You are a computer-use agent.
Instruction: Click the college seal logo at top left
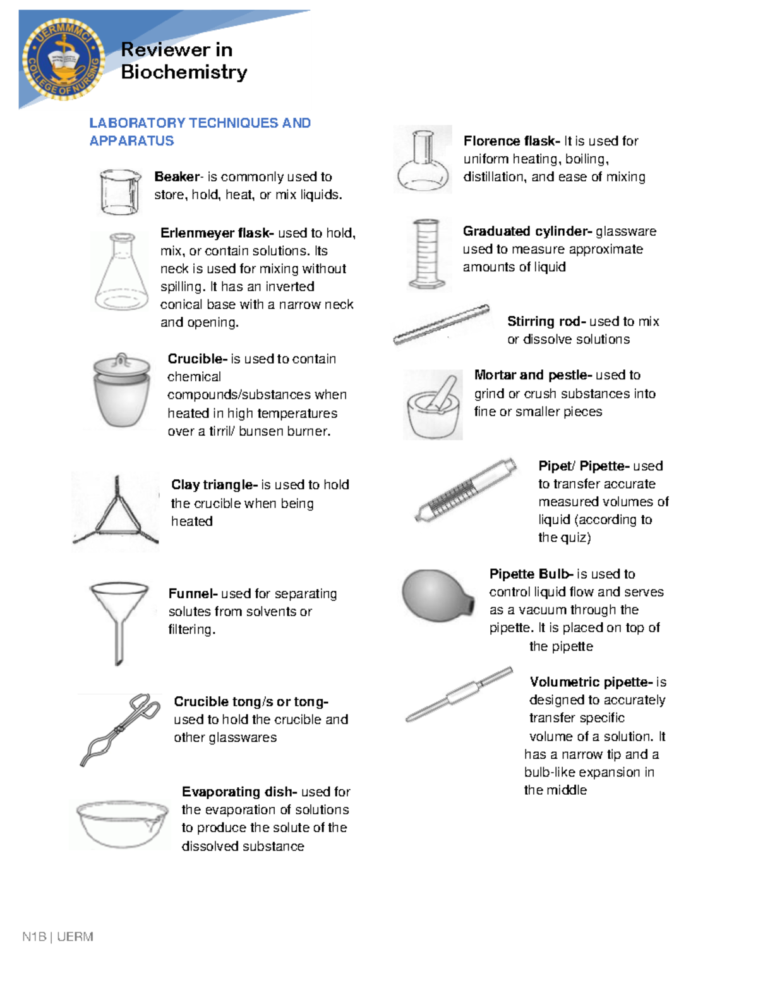(x=63, y=58)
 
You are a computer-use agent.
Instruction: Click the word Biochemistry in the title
(x=184, y=72)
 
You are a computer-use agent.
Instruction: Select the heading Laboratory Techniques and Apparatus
(x=200, y=132)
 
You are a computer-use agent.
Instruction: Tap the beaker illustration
(x=119, y=192)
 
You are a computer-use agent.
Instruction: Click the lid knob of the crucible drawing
(x=122, y=362)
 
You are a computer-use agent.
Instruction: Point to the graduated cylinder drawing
(x=424, y=254)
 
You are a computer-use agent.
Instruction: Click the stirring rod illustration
(x=441, y=324)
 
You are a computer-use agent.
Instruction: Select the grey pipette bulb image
(x=437, y=594)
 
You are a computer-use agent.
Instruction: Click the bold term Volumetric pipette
(x=591, y=682)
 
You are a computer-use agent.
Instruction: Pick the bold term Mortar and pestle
(x=532, y=375)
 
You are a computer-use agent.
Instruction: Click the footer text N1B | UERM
(x=57, y=936)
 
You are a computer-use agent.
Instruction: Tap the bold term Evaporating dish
(x=239, y=792)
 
